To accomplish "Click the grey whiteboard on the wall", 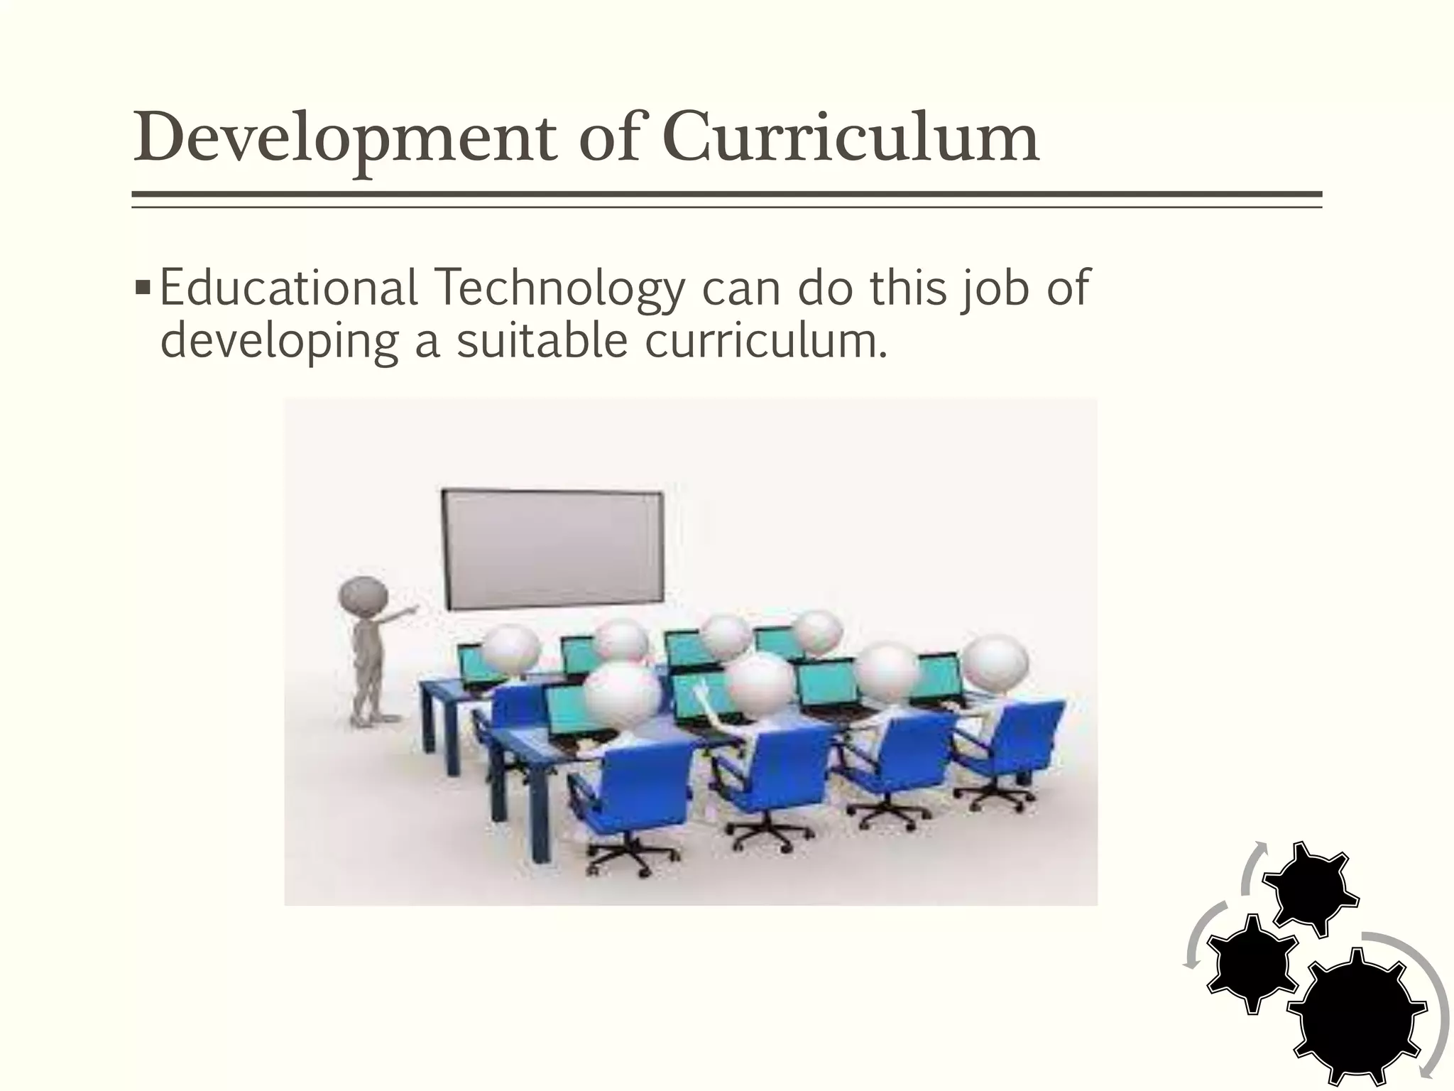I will (x=552, y=549).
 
